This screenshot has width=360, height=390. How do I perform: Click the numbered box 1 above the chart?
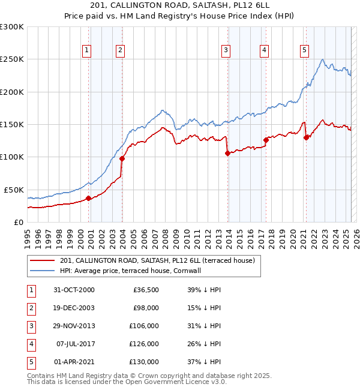(x=88, y=50)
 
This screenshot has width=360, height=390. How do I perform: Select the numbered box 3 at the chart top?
(x=226, y=50)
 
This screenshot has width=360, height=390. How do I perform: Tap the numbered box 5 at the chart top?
(x=305, y=50)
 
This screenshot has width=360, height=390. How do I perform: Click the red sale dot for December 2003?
(x=122, y=158)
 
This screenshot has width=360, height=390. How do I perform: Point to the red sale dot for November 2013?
(x=227, y=153)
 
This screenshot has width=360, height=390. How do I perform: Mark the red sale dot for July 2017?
(x=266, y=140)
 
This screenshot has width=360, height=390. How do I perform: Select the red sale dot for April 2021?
(x=306, y=137)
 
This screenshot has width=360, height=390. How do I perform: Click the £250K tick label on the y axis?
(x=12, y=59)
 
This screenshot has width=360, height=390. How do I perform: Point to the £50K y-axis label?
(x=14, y=190)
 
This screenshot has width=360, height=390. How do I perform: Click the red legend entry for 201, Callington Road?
(x=158, y=260)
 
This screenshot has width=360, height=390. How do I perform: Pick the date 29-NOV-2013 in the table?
(x=74, y=326)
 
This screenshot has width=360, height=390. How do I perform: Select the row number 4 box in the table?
(x=30, y=344)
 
